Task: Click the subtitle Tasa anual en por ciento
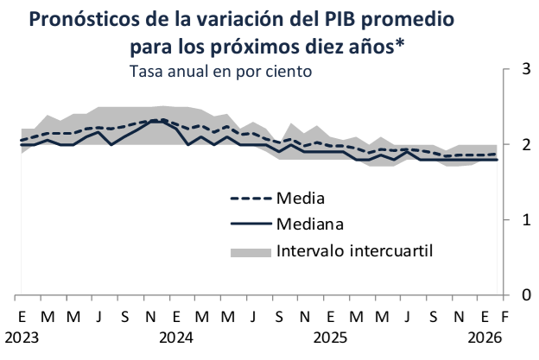click(x=219, y=72)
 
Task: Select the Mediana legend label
click(x=311, y=224)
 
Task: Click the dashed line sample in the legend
click(x=251, y=199)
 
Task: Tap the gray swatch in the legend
click(x=251, y=251)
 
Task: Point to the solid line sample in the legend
click(x=251, y=224)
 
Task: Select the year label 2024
click(x=176, y=336)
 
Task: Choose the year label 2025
click(x=331, y=336)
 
